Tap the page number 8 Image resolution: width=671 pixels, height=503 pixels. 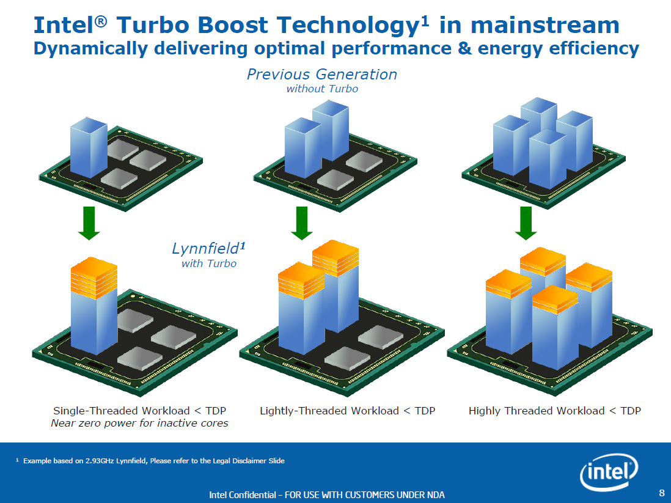(661, 493)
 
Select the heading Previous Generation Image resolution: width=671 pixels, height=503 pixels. (321, 75)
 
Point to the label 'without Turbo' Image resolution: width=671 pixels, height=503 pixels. (322, 89)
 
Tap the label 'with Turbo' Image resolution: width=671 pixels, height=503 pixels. (208, 263)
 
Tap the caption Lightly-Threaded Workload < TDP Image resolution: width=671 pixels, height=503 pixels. (347, 411)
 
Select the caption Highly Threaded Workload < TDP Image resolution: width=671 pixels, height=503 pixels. (554, 411)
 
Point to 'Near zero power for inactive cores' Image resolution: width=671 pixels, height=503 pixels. (139, 423)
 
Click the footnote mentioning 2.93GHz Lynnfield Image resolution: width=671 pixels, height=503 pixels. (153, 460)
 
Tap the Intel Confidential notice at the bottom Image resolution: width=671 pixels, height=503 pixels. (327, 494)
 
